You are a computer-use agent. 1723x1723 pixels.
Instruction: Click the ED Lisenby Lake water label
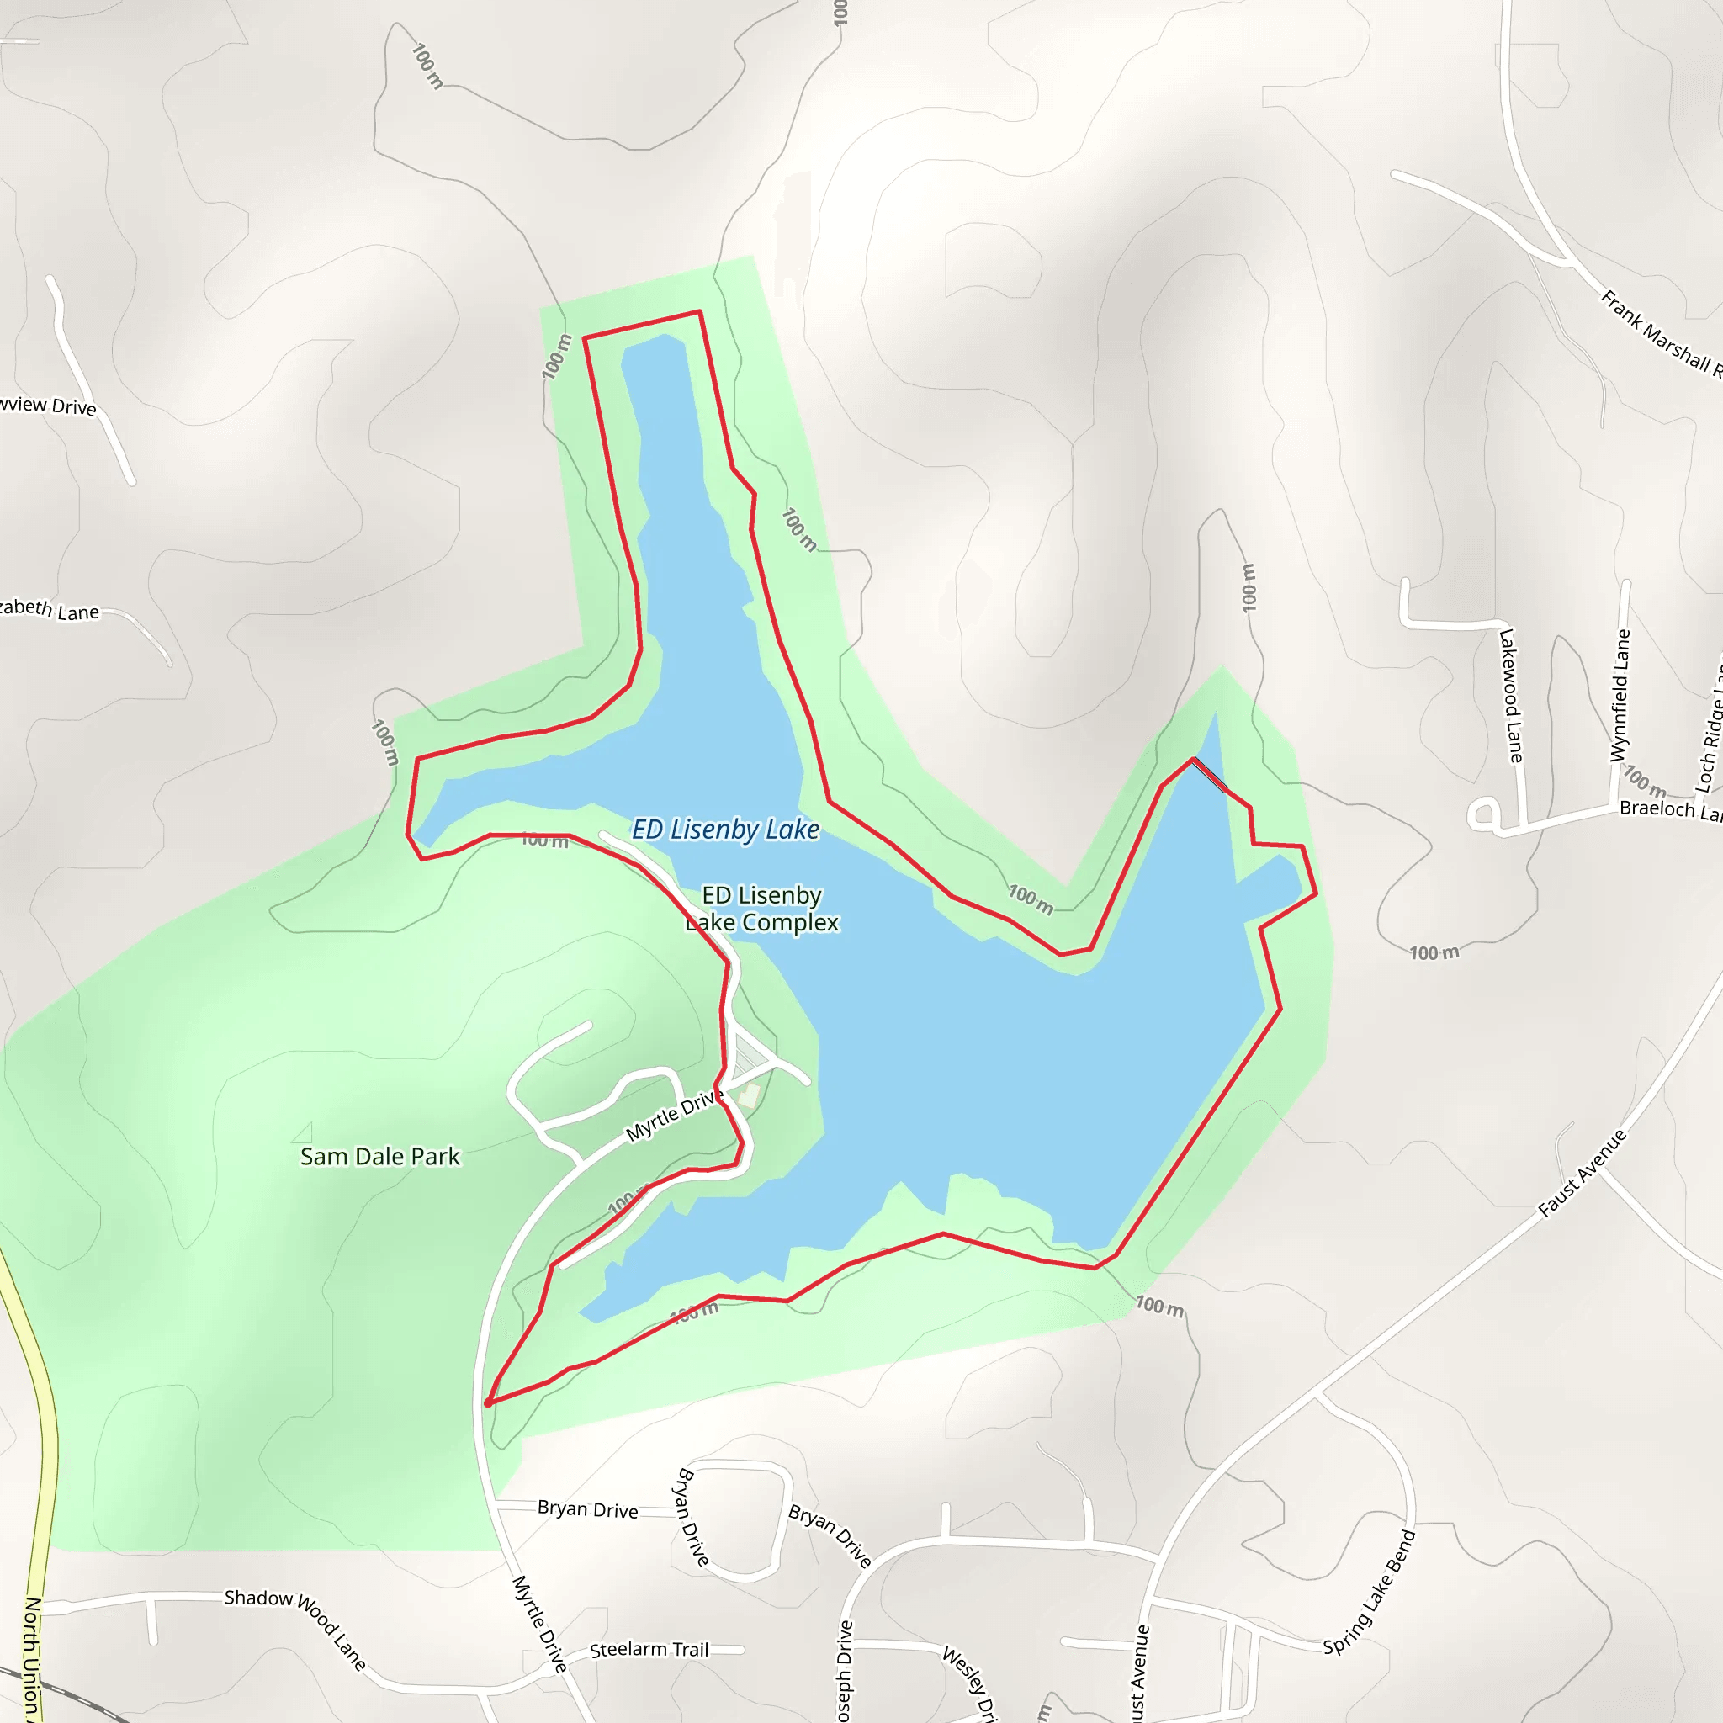point(725,830)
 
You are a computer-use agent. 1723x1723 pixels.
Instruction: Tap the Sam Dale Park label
point(380,1157)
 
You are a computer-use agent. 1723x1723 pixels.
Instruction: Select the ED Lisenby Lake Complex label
point(762,909)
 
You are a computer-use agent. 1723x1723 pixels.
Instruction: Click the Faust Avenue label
point(1583,1173)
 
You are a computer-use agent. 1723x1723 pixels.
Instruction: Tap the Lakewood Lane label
point(1509,696)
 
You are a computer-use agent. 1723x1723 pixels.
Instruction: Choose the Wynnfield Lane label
point(1620,696)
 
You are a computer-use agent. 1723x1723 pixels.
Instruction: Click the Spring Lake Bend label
point(1369,1593)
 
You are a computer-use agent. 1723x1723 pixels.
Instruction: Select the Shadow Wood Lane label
point(295,1629)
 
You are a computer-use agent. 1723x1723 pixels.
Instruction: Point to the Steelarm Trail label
point(649,1650)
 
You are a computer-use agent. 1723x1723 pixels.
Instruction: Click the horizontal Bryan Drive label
point(588,1510)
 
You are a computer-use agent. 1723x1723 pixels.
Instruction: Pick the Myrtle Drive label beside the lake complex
point(673,1116)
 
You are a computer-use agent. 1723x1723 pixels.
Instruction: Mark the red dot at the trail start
point(488,1404)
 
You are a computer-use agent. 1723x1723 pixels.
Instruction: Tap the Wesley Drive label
point(969,1682)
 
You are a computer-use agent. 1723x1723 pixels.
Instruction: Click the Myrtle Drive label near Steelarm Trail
point(539,1623)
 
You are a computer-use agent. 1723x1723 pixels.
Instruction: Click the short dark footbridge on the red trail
point(1209,773)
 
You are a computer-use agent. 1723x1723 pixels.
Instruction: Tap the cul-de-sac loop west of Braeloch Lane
point(1483,814)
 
